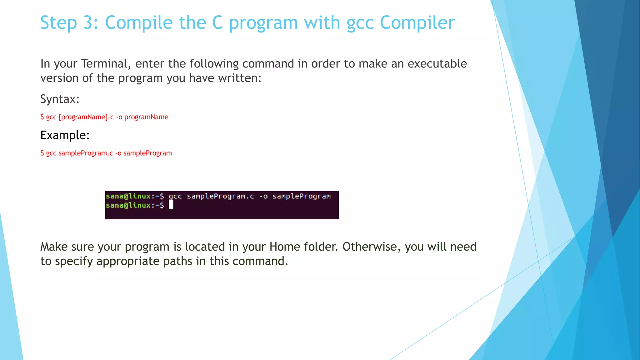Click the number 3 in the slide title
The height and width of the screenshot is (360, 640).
(x=88, y=23)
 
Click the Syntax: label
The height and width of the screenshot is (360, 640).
(x=60, y=99)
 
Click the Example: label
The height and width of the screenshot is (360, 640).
(x=65, y=135)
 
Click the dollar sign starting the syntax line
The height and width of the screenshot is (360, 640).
(x=42, y=117)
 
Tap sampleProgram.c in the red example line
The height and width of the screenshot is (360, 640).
(x=86, y=153)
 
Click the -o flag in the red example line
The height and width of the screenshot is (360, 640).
(x=118, y=153)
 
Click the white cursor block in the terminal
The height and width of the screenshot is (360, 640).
(x=171, y=205)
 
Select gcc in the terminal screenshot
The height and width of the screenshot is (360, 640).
(x=175, y=196)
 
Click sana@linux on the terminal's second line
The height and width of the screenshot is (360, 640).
(x=128, y=205)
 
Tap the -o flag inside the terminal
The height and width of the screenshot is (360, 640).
(x=263, y=196)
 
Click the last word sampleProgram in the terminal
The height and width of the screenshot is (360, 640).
(x=301, y=196)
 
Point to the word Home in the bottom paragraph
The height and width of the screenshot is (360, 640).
(x=283, y=247)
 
